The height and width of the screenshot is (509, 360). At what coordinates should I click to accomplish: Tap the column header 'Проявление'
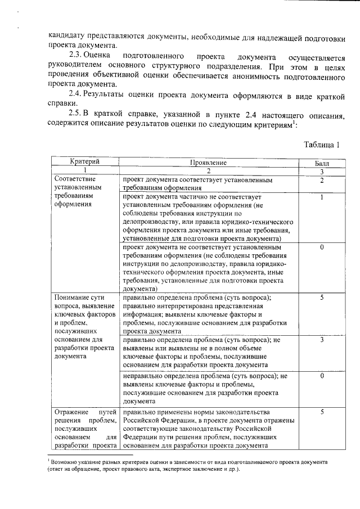point(208,163)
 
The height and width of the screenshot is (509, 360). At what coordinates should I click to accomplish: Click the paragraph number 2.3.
point(75,57)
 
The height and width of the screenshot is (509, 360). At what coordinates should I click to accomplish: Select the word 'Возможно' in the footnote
point(66,462)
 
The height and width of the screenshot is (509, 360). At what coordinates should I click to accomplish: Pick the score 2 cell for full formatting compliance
point(321,181)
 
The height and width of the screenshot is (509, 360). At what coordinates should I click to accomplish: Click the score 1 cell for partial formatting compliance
point(321,197)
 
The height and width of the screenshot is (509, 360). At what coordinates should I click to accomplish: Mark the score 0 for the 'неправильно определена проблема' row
point(321,375)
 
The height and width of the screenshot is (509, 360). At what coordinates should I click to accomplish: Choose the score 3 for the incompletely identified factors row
point(321,340)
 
